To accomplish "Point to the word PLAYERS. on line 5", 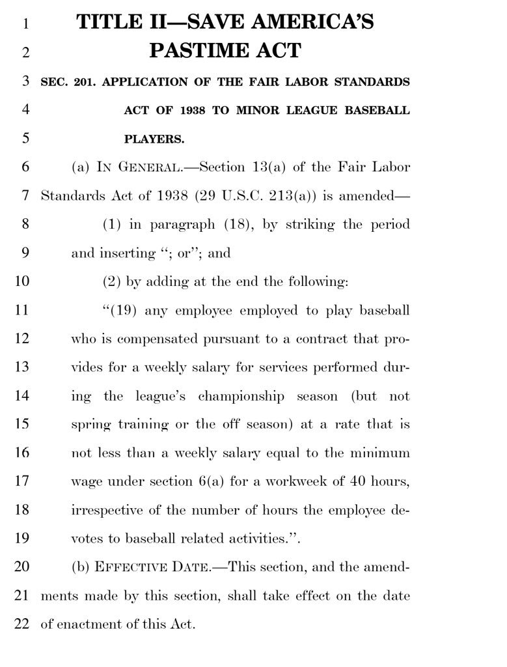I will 154,139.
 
